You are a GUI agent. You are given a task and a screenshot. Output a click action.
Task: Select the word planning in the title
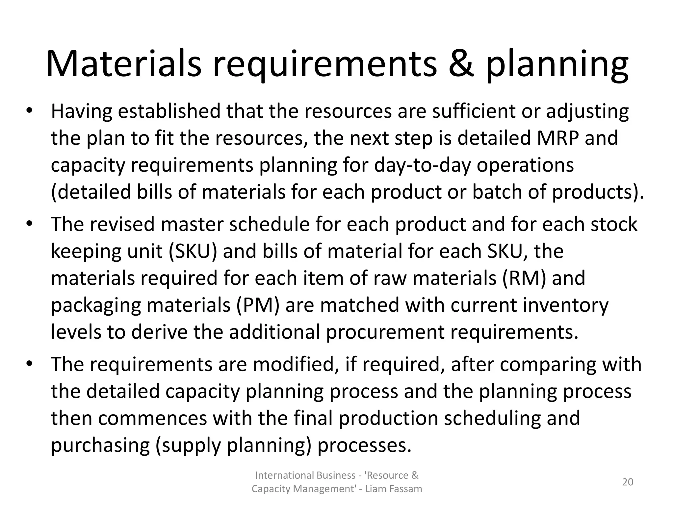click(x=557, y=66)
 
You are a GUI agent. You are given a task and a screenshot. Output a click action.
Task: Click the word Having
click(x=82, y=111)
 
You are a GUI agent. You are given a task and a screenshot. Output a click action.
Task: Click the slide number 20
click(x=628, y=482)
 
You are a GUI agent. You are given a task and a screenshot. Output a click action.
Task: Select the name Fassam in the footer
click(x=406, y=489)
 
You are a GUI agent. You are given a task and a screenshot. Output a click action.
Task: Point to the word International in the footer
click(x=283, y=475)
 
